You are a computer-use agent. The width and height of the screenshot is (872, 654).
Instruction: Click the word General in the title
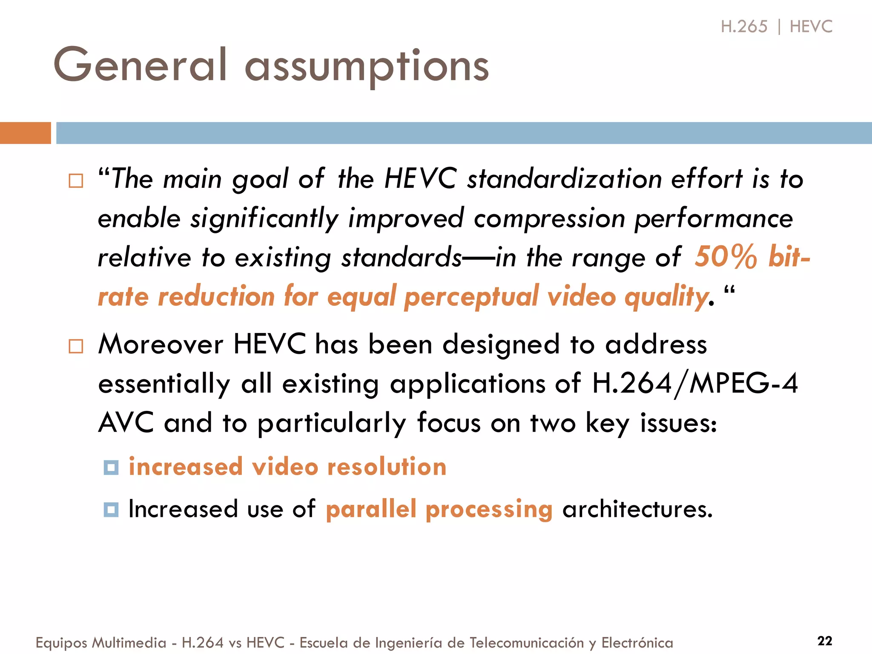coord(140,66)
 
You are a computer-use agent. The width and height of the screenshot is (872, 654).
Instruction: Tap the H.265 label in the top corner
coord(744,27)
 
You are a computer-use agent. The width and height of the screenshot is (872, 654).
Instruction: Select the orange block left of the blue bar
coord(25,133)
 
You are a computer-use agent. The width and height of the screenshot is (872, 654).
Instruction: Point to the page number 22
coord(825,641)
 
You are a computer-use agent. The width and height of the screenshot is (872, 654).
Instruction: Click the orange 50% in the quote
coord(726,257)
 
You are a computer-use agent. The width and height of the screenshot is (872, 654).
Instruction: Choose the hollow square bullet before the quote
coord(76,181)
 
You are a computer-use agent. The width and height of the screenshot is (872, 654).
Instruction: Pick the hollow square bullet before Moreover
coord(76,346)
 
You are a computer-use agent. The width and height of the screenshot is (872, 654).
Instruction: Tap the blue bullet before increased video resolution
coord(111,468)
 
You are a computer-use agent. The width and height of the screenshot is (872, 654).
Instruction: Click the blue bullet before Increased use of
coord(111,509)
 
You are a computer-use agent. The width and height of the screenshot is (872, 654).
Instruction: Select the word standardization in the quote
coord(564,178)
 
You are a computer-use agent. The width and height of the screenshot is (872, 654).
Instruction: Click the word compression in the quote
coord(549,218)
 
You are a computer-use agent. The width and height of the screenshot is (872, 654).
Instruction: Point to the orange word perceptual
coord(471,297)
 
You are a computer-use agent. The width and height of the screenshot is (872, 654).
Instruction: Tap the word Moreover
coord(161,344)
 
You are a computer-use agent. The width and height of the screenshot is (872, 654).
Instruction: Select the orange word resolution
coord(387,467)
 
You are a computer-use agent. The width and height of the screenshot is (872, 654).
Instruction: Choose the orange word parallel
coord(371,509)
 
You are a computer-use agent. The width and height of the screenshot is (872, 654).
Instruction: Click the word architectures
coord(637,509)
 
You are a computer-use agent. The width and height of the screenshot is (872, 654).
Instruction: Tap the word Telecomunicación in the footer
coord(527,643)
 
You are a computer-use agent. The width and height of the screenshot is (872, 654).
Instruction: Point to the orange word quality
coord(666,297)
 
